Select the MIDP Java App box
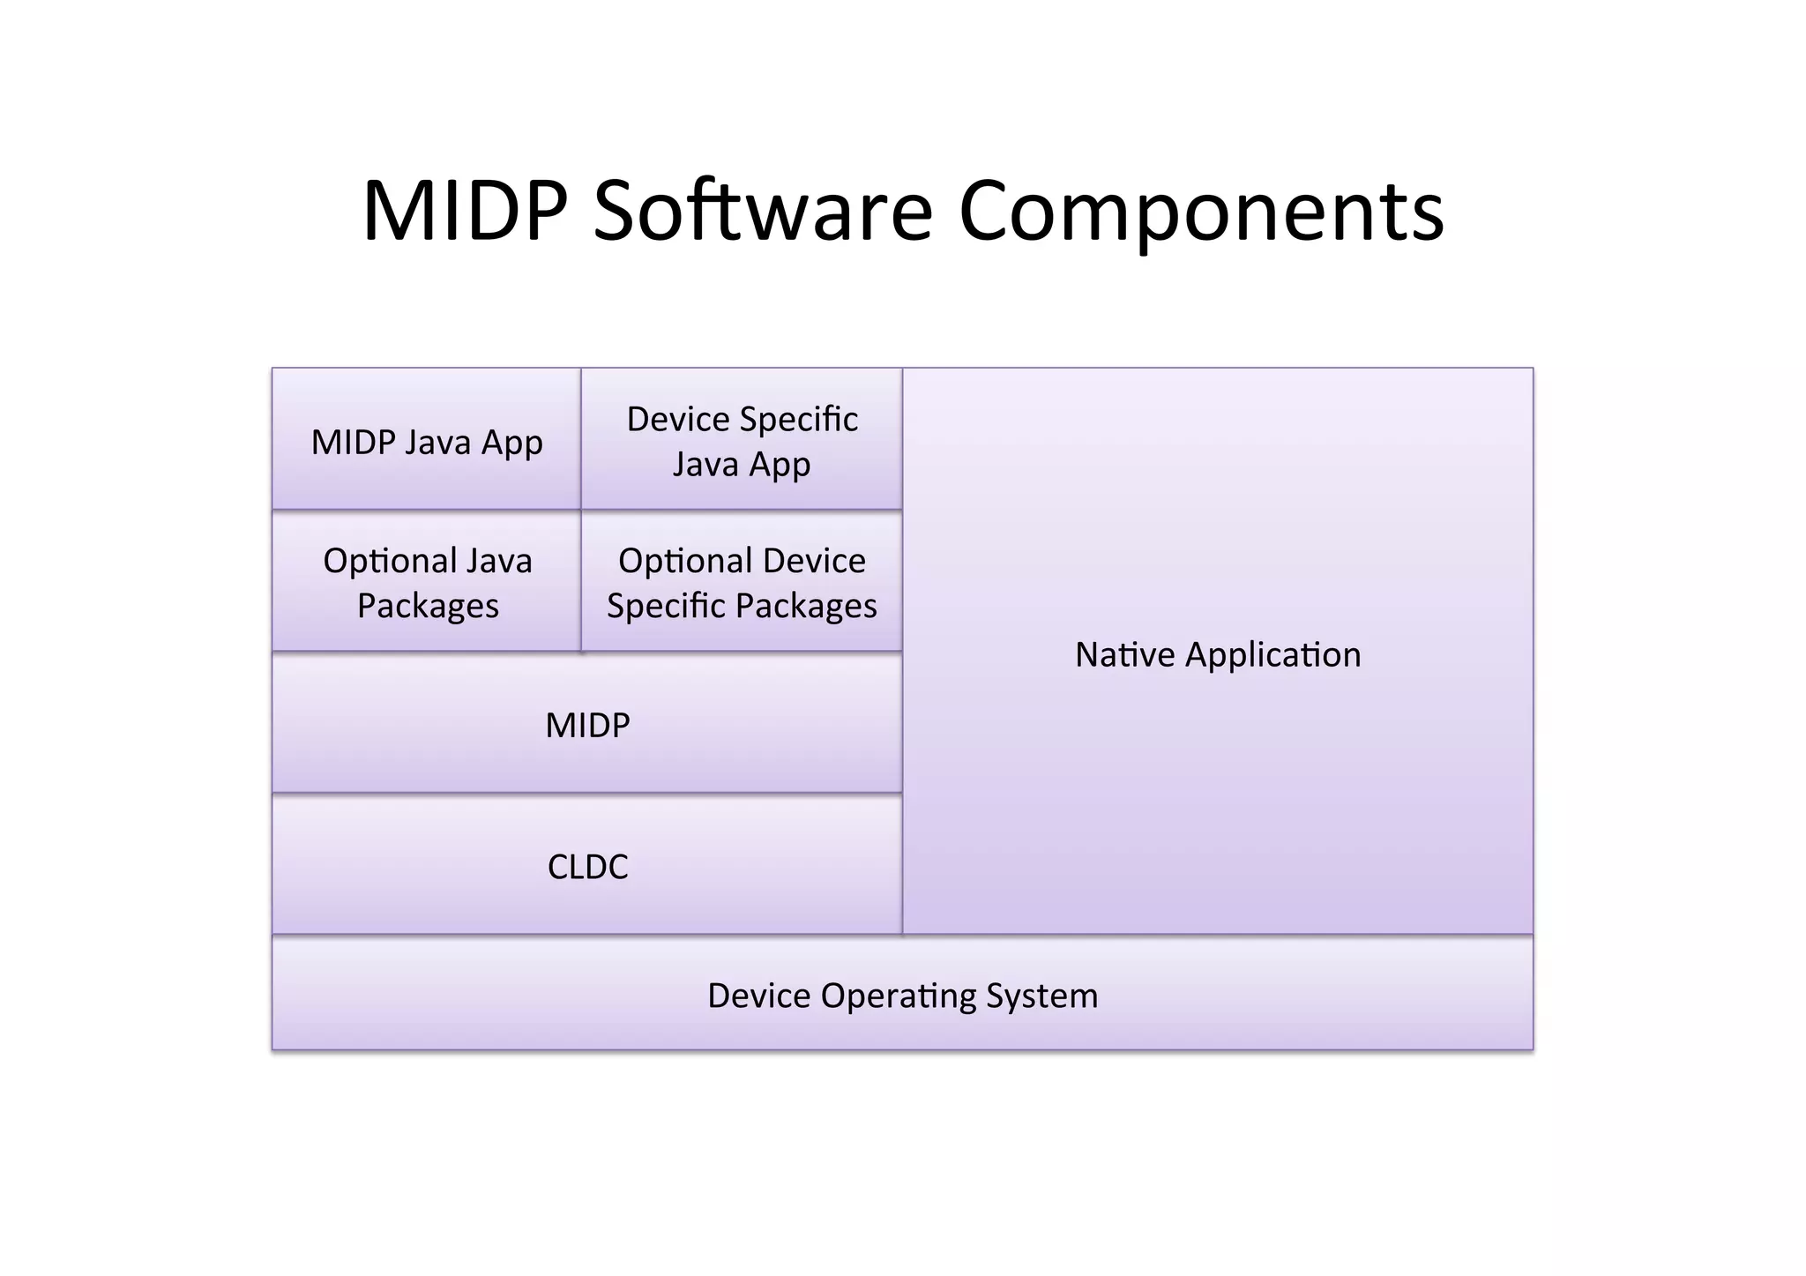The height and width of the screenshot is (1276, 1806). (427, 441)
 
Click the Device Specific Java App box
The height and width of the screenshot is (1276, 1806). (742, 441)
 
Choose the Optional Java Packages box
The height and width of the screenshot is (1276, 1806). (427, 582)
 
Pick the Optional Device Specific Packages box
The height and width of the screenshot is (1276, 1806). (742, 582)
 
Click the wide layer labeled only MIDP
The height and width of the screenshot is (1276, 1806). (587, 725)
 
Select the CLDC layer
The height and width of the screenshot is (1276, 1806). (587, 866)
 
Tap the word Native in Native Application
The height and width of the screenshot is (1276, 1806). (1125, 655)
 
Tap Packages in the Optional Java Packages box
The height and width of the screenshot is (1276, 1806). (428, 607)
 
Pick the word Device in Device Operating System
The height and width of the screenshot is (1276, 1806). (759, 996)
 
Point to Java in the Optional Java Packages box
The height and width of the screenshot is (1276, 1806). (498, 561)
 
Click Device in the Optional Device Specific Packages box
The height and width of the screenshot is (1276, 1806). (814, 561)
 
